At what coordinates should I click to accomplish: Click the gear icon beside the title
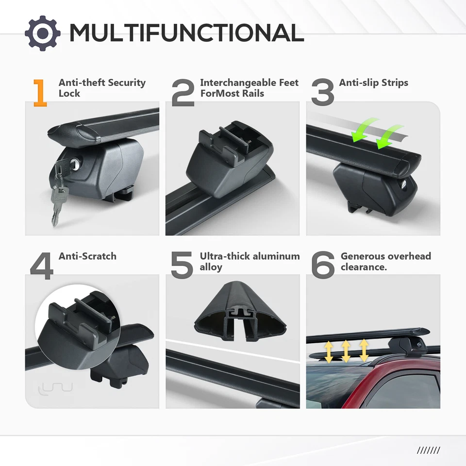tap(43, 33)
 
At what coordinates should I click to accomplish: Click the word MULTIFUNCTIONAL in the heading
tap(186, 33)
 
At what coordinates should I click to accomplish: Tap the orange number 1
tap(40, 93)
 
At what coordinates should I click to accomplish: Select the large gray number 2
tap(183, 93)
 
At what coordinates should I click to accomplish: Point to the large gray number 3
tap(323, 93)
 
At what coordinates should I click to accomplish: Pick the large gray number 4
tap(42, 266)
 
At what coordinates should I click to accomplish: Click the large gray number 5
tap(182, 266)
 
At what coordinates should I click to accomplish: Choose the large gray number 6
tap(323, 266)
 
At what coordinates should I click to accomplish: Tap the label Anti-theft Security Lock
tap(102, 88)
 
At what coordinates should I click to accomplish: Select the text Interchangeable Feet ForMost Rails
tap(249, 88)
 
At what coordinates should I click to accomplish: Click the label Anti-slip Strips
tap(373, 83)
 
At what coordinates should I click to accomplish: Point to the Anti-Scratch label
tap(87, 256)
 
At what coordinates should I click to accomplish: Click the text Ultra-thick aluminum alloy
tap(250, 261)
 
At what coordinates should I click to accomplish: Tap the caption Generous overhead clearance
tap(385, 261)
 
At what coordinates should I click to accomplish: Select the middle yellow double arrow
tap(346, 351)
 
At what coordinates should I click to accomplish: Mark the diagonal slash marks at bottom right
tap(428, 450)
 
